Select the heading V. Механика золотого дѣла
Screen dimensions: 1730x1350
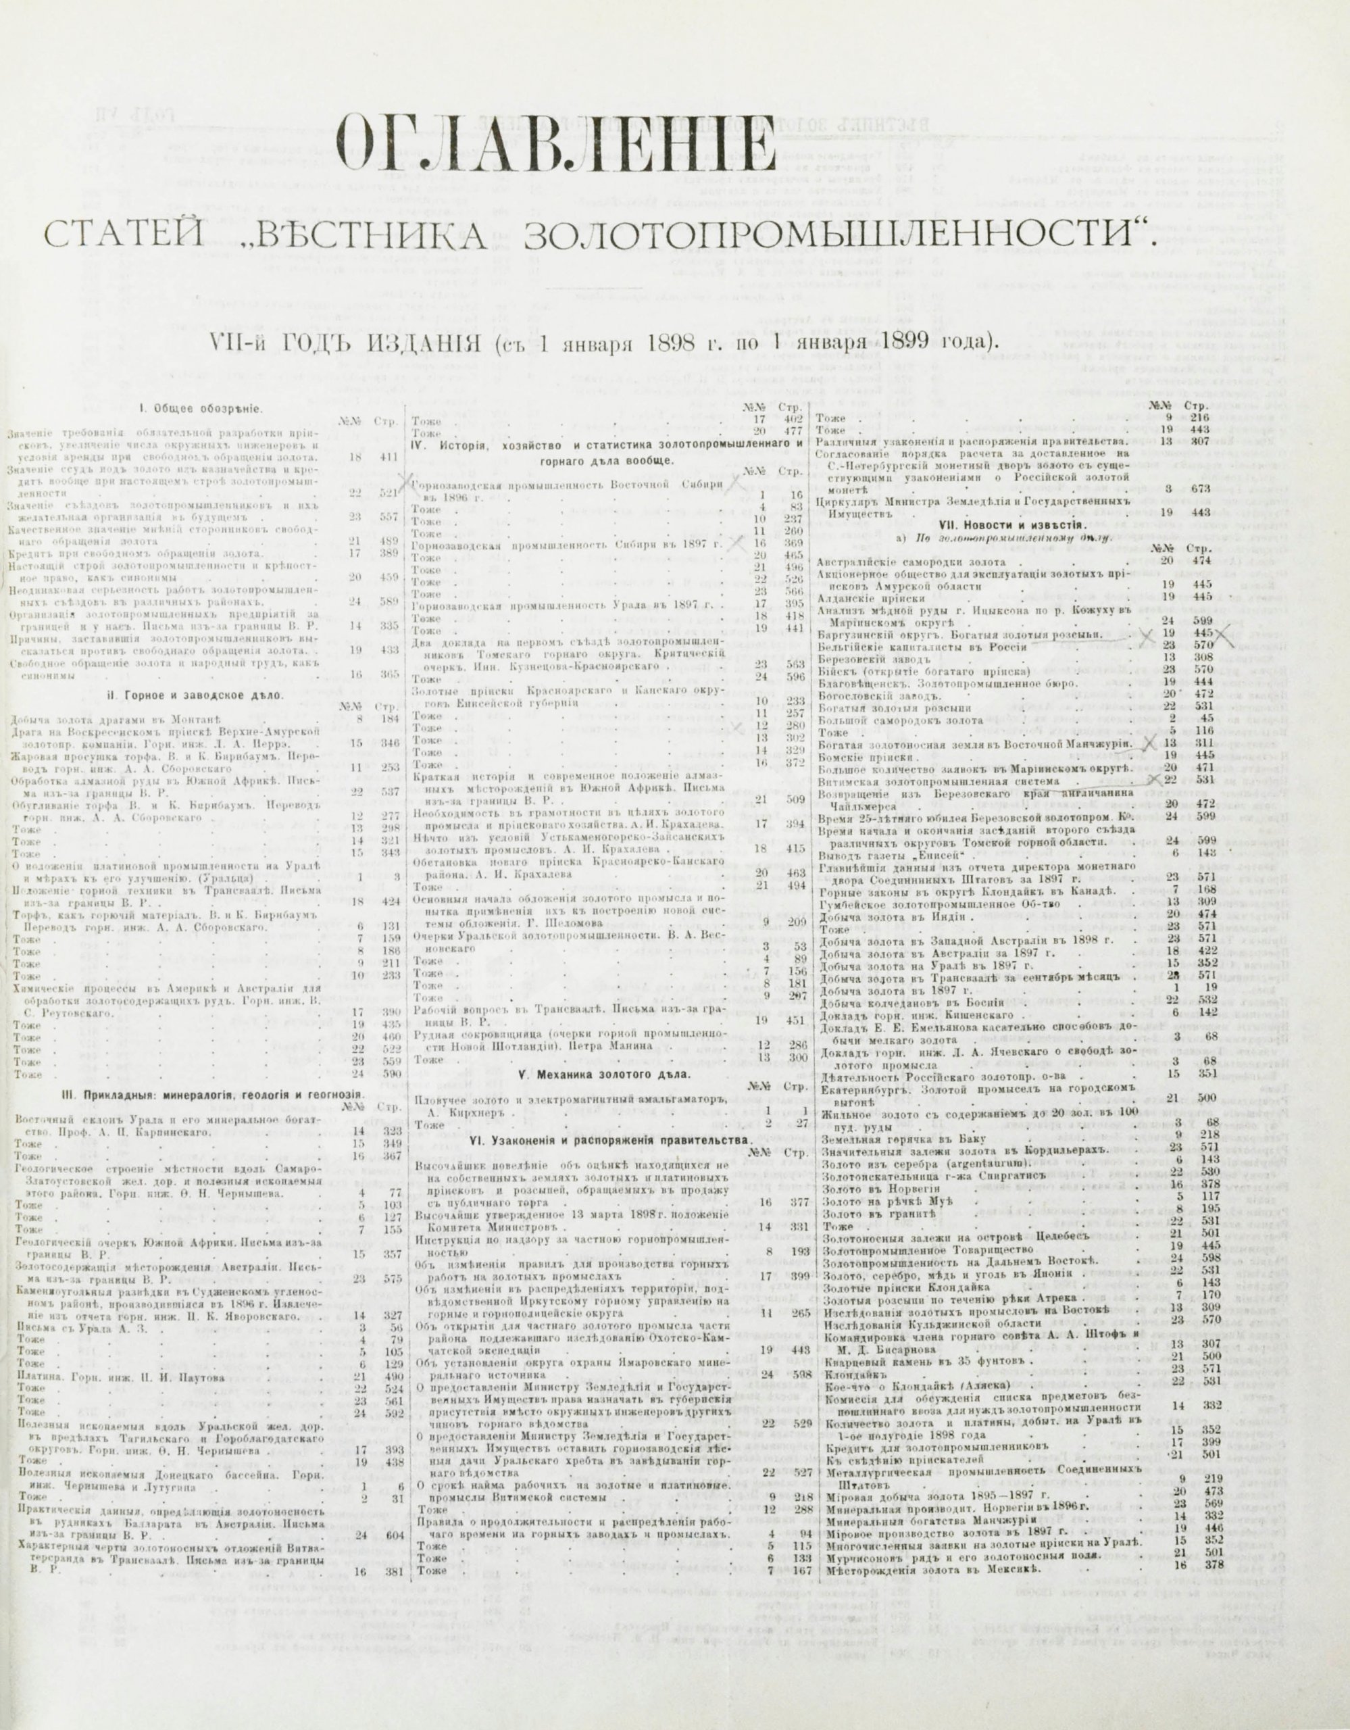pos(603,1075)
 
